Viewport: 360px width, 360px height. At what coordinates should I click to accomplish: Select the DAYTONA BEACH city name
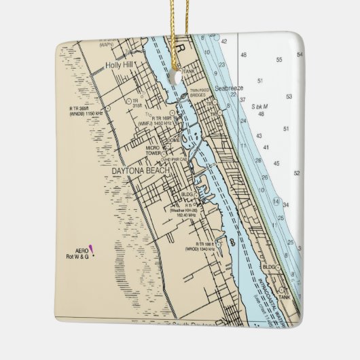(140, 171)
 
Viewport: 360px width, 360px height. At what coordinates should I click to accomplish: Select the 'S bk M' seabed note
(259, 107)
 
